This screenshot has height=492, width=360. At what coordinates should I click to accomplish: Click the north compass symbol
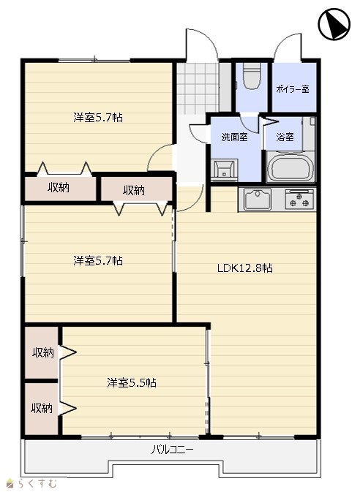pos(334,24)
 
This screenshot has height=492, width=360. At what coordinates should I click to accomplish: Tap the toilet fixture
pos(252,76)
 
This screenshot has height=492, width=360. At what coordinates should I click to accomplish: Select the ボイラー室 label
pos(293,89)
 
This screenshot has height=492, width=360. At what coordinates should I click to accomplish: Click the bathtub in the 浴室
pos(290,167)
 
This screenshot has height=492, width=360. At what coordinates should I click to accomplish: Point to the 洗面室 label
pos(234,137)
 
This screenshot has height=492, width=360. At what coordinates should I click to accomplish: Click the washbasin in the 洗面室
pos(225,170)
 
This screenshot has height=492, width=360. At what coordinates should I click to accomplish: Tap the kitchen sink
pos(258,200)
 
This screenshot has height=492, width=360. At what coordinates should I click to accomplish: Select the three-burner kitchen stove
pos(300,200)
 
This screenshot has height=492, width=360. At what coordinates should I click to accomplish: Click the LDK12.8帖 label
pos(245,268)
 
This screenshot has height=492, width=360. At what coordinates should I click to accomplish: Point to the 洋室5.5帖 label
pos(132,382)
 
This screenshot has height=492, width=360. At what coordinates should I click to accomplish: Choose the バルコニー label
pos(173,450)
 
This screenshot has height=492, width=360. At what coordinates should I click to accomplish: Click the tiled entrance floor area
pos(198,88)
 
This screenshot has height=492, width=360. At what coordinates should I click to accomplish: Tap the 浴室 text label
pos(285,137)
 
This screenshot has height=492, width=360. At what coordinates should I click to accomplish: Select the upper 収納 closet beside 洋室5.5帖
pos(42,352)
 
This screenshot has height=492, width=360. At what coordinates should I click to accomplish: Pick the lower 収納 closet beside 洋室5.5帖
pos(42,409)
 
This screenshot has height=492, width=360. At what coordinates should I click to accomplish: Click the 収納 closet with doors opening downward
pos(137,189)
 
